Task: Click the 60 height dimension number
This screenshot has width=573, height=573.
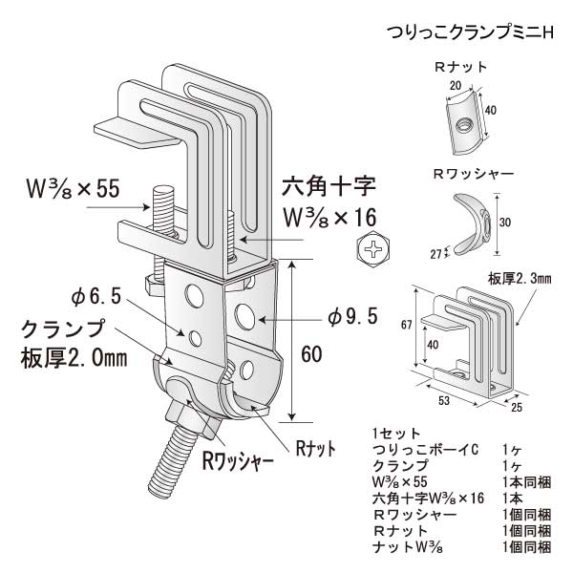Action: [x=311, y=353]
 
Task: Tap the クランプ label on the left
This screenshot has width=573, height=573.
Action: [x=61, y=331]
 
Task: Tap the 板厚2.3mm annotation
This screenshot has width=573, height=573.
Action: [x=520, y=279]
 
